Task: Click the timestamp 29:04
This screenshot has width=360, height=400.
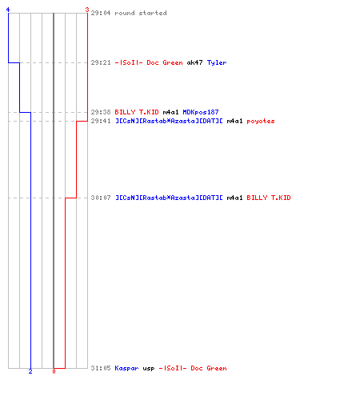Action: tap(101, 13)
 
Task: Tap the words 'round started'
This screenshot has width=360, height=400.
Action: tap(141, 13)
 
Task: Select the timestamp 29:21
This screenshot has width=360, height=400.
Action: tap(101, 62)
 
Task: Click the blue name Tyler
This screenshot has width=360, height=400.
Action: tap(217, 62)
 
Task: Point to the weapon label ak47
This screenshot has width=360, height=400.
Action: tap(194, 62)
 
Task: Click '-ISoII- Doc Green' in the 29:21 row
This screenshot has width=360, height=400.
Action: tap(149, 62)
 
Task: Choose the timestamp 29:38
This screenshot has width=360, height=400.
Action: tap(101, 112)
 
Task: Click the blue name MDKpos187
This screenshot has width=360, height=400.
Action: tap(201, 112)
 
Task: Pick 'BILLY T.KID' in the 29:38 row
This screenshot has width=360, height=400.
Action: tap(137, 112)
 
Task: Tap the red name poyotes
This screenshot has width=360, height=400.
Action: tap(261, 122)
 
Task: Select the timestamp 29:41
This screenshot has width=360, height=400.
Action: tap(101, 121)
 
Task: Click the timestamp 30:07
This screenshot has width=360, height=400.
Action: tap(101, 198)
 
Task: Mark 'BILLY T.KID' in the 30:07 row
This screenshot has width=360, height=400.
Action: tap(269, 198)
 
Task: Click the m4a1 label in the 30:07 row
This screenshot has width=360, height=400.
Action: tap(234, 198)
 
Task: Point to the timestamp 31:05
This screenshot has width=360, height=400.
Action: tap(101, 368)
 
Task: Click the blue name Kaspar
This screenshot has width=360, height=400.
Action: tap(126, 368)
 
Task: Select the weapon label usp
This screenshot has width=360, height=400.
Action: tap(149, 369)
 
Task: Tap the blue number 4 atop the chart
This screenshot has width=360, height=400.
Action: tap(8, 10)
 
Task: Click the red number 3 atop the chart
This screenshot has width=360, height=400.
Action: tap(87, 10)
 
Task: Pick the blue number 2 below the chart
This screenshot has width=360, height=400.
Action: tap(30, 371)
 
